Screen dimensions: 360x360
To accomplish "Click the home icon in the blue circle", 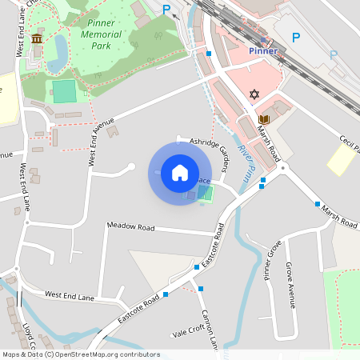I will (x=180, y=173).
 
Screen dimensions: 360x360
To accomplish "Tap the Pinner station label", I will (x=263, y=51).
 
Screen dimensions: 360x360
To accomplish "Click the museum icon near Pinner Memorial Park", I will (x=37, y=38).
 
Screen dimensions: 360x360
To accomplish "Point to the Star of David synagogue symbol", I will (x=256, y=94).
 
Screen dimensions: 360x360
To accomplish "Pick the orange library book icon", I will (x=264, y=120).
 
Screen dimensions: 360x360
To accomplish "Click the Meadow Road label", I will (x=130, y=227).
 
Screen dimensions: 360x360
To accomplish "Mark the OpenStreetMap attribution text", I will (x=81, y=354).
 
